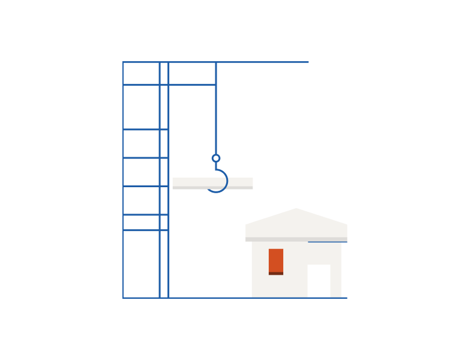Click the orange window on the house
276,260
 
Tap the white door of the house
319,280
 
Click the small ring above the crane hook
216,158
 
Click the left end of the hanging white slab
175,184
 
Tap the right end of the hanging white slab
251,184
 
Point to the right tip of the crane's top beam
308,62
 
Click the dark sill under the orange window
276,274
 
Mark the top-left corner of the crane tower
123,62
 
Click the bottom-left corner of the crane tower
123,298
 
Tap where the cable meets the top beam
216,62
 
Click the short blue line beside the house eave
328,242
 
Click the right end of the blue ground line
346,298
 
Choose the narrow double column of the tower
164,180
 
